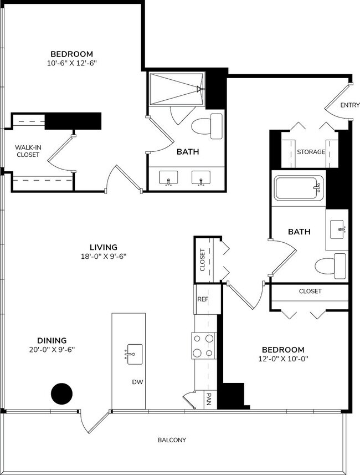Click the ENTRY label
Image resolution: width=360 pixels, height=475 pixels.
tap(349, 105)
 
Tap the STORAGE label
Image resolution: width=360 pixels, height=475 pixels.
tap(311, 152)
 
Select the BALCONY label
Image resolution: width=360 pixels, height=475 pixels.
tap(172, 440)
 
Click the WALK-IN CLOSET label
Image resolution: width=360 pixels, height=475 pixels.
tap(27, 151)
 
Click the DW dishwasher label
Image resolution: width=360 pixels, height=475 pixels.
tap(137, 382)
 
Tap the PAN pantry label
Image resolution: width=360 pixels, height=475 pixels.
tap(209, 400)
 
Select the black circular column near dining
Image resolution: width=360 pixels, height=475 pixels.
tap(61, 394)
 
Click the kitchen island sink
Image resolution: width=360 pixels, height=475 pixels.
tap(135, 353)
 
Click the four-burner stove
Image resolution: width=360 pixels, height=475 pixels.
tap(203, 345)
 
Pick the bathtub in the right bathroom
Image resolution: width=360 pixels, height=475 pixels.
tap(299, 189)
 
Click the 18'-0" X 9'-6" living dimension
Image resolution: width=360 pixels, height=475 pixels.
tap(104, 257)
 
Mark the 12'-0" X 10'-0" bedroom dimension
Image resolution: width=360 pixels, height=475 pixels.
tap(283, 359)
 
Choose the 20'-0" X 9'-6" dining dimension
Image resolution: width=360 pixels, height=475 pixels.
tap(52, 350)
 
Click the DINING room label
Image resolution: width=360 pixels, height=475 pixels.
tap(52, 340)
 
